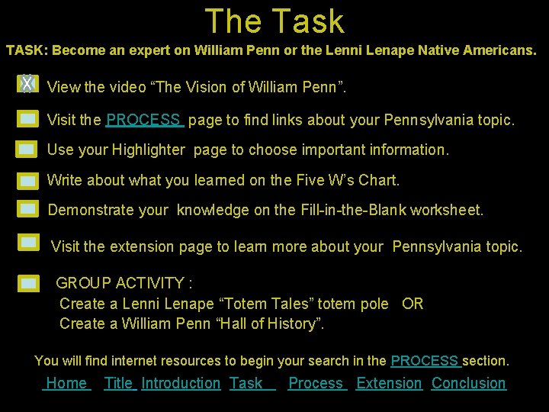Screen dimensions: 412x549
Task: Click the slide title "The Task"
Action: (274, 21)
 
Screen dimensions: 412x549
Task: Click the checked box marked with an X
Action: (27, 84)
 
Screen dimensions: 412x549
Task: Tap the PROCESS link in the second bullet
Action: (144, 120)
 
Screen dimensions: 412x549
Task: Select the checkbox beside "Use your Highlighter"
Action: (27, 150)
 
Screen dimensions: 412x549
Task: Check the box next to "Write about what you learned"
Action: (27, 181)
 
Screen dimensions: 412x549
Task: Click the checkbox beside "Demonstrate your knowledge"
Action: (28, 208)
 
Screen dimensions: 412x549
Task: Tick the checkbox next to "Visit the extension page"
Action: (28, 243)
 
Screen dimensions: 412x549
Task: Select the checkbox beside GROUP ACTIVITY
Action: (28, 283)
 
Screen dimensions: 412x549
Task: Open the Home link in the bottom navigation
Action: (66, 383)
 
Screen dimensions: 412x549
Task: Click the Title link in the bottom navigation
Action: (119, 383)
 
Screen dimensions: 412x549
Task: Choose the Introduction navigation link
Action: (181, 383)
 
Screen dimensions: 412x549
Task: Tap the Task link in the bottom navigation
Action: (246, 383)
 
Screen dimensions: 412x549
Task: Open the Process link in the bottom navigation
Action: (316, 383)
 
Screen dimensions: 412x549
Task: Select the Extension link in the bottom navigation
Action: (389, 383)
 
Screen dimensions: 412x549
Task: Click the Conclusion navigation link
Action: (468, 383)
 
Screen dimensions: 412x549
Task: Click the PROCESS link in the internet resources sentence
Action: (425, 360)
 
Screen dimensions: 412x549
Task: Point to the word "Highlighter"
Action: (149, 150)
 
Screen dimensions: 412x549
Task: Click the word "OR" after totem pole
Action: (413, 304)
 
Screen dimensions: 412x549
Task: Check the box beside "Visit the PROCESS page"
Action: (27, 119)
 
